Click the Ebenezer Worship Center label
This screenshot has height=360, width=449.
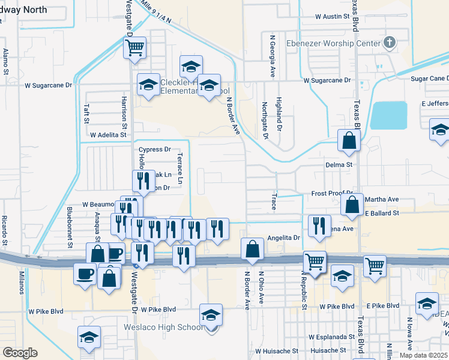point(333,43)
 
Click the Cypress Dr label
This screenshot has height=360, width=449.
point(154,149)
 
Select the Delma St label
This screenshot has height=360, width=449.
point(339,164)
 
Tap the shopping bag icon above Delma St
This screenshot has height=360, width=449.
point(349,141)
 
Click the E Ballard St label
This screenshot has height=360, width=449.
point(381,213)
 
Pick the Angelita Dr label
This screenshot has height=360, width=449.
point(283,238)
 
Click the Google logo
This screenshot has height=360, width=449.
point(20,353)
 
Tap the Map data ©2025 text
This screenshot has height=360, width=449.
point(423,355)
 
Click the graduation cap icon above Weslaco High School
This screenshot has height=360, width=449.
point(211,314)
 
